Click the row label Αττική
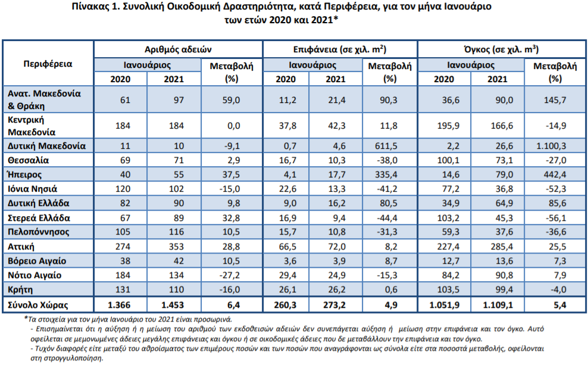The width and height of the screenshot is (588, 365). [x=21, y=247]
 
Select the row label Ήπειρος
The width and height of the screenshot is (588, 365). [x=25, y=174]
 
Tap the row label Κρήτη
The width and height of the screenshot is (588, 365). [x=20, y=289]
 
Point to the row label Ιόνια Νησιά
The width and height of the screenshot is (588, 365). [x=33, y=189]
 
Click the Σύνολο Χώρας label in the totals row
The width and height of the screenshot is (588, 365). [x=38, y=305]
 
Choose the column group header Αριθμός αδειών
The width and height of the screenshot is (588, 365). [x=178, y=49]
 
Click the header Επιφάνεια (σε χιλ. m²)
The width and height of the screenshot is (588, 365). [x=340, y=49]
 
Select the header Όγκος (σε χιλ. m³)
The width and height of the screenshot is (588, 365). [x=501, y=49]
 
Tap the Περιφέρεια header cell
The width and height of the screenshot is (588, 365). [x=48, y=64]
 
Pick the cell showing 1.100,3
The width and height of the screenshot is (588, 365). [x=551, y=146]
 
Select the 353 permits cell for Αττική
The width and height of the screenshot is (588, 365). [x=176, y=247]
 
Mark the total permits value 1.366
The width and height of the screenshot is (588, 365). [x=119, y=305]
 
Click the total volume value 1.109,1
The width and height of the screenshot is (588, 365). [x=498, y=305]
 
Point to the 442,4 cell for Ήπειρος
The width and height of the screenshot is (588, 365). [x=555, y=174]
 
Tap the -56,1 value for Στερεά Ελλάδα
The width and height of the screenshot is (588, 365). [x=556, y=218]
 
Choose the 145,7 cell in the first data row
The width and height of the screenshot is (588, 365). [x=555, y=100]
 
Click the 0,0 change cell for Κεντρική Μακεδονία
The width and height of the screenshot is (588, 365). [x=234, y=126]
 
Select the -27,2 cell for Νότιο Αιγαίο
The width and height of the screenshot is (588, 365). [x=230, y=275]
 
